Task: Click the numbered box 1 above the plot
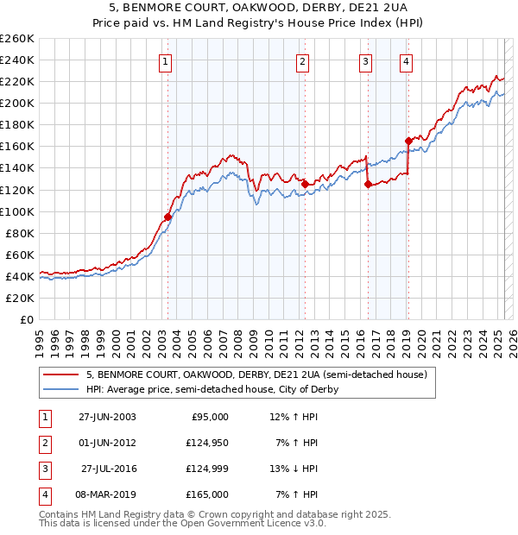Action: pos(164,61)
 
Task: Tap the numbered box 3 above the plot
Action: pos(366,61)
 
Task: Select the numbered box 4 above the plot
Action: pos(406,61)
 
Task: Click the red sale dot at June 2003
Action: pos(168,217)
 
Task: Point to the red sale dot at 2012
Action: pos(305,184)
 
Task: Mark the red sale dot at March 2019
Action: pos(408,141)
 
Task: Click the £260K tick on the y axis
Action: pos(17,39)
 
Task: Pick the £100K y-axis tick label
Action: pos(17,211)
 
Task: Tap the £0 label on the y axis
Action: pos(25,319)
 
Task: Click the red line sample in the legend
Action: pos(60,374)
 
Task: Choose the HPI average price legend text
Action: pos(212,389)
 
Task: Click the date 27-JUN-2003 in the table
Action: pos(107,417)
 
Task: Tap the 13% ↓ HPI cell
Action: pos(294,469)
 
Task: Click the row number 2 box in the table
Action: pos(44,443)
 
